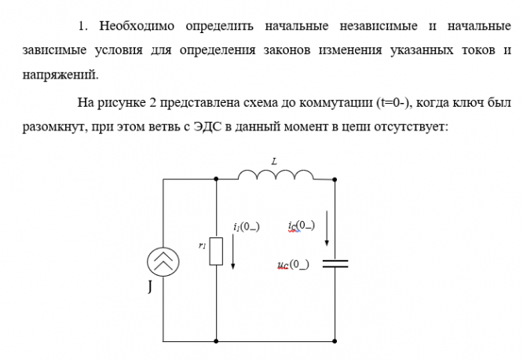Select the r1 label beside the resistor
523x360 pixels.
[203, 245]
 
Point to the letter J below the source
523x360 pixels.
[150, 288]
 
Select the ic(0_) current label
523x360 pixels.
[302, 226]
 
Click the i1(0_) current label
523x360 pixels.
[246, 226]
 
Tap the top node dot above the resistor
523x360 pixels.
[216, 179]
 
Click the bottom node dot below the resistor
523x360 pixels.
[216, 340]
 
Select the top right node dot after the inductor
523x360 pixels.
[335, 179]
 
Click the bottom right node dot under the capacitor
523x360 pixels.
[335, 340]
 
